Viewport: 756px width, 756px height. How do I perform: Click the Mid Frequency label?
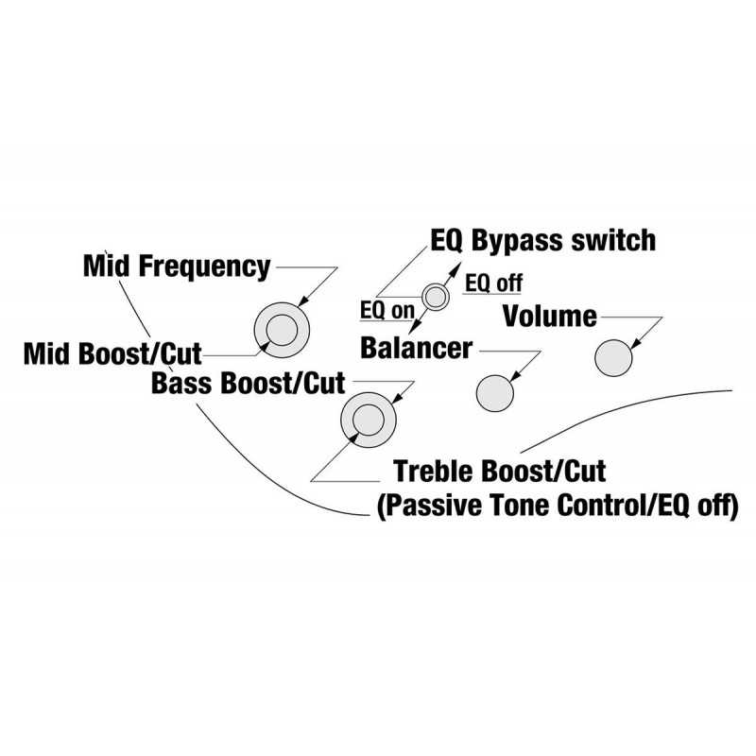point(177,266)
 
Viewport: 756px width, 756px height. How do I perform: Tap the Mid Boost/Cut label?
point(112,353)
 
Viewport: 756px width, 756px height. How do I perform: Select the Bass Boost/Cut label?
point(249,384)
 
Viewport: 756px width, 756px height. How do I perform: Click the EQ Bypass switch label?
point(542,240)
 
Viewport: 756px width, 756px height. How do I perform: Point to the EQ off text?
point(493,283)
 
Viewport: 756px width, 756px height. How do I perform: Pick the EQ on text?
point(387,311)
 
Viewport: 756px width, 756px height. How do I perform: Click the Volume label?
point(550,317)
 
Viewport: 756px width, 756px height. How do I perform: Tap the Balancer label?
point(416,348)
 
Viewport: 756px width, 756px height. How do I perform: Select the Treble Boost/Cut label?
point(500,471)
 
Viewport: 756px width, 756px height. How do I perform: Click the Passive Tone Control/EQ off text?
point(558,506)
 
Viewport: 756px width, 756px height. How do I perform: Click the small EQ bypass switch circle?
point(436,297)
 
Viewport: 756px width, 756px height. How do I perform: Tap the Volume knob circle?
point(613,358)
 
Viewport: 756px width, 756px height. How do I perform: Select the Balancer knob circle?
point(494,393)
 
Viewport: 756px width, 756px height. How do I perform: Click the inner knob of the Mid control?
point(282,330)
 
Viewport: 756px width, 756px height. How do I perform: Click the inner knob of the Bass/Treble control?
point(369,420)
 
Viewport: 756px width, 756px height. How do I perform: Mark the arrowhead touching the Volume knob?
point(636,343)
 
